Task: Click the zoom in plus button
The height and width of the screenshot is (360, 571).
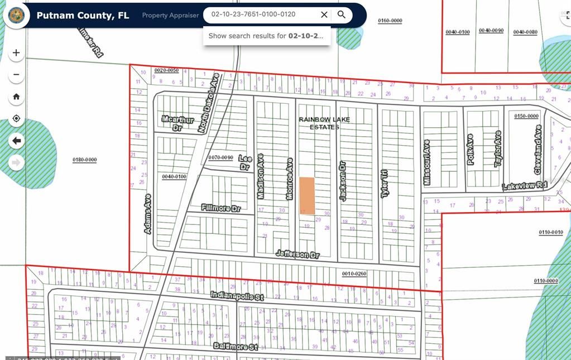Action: [16, 53]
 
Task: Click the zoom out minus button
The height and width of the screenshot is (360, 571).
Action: [16, 74]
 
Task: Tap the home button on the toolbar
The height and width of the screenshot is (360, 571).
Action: [16, 97]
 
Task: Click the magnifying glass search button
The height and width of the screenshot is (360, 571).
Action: [342, 15]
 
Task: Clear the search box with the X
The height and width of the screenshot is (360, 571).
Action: [324, 15]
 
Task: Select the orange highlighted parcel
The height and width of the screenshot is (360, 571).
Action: [307, 195]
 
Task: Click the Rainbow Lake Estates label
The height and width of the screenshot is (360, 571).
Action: [324, 123]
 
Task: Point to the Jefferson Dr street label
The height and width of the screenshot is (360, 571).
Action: [298, 254]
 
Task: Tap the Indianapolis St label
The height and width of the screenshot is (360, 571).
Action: [237, 296]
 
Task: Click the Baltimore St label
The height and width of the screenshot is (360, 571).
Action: [235, 347]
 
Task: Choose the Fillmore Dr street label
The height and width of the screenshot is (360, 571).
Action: [220, 208]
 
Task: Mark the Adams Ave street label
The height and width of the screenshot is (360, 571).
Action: [148, 214]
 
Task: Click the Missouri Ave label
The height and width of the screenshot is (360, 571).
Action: [427, 162]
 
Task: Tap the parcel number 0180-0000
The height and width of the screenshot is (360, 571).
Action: [84, 160]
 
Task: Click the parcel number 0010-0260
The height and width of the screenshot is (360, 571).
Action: [354, 273]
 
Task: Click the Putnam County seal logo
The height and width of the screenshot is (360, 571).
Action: [17, 15]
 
